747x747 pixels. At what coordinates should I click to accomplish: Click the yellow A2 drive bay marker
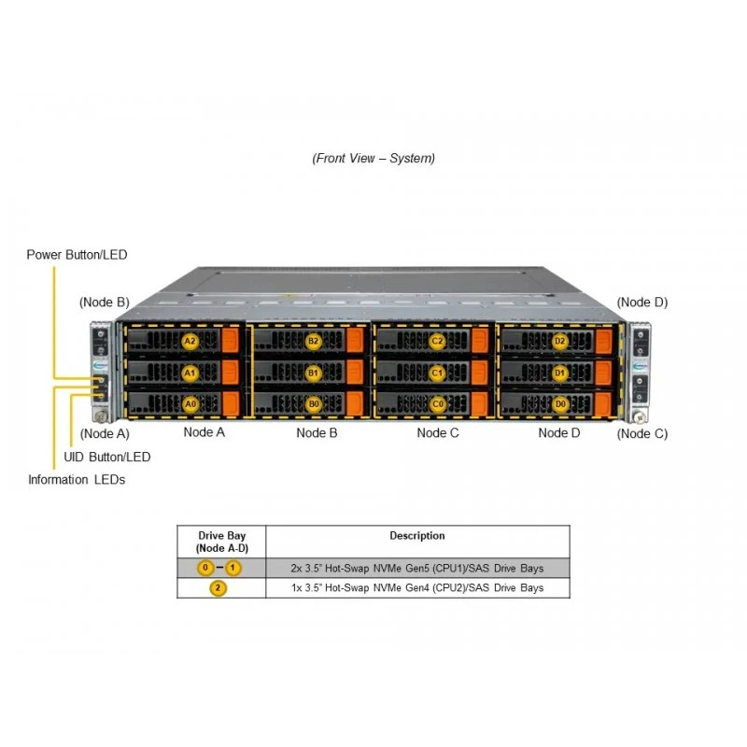190,341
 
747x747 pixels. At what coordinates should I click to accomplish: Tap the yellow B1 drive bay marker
313,373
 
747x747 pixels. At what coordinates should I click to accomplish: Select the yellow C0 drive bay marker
437,404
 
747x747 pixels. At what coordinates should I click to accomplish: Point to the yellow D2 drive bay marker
559,341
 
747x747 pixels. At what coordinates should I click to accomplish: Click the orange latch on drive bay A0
231,403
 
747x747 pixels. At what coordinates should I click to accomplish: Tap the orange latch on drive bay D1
603,373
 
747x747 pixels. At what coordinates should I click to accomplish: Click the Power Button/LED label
77,255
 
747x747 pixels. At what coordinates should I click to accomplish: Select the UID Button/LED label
107,457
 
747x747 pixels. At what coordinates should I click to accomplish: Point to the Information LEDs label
77,480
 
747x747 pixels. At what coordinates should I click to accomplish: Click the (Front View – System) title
373,158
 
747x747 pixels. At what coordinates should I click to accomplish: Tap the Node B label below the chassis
317,432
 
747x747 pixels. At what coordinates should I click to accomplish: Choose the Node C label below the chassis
438,432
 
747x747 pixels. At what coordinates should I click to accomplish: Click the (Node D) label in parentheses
642,303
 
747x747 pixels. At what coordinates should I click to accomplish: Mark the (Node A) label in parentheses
105,434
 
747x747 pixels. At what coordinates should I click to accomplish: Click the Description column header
417,535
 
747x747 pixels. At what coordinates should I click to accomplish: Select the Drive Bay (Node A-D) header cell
221,542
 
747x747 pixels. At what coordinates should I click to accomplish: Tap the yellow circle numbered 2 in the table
218,588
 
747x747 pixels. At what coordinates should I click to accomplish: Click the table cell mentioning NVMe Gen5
417,569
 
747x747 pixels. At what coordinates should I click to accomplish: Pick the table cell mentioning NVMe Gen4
417,588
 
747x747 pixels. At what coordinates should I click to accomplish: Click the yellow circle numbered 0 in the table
205,568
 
